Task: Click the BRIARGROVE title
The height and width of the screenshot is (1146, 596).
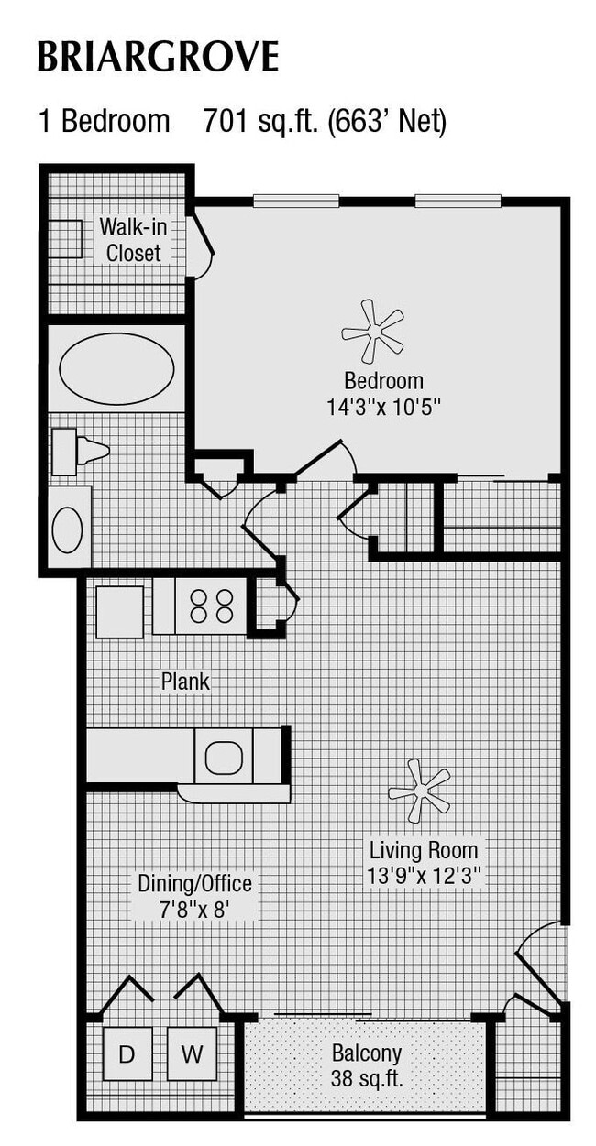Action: (x=157, y=57)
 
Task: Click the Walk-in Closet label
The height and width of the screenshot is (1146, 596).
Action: (x=133, y=239)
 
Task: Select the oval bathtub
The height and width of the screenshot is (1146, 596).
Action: (x=116, y=368)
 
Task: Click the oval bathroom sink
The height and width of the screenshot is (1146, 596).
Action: (x=67, y=529)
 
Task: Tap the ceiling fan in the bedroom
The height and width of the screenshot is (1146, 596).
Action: (x=372, y=331)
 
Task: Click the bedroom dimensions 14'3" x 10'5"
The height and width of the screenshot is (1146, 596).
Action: (x=383, y=406)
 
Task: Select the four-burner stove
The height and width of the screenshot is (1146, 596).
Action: (x=211, y=606)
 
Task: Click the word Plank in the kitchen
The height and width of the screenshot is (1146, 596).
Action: (x=185, y=682)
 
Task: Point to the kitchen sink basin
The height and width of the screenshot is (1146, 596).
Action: (x=222, y=757)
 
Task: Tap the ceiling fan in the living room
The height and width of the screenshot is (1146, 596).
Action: (x=419, y=790)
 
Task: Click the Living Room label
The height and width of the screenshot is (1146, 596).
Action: (x=424, y=849)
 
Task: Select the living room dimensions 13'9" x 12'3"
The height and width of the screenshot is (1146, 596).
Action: (x=424, y=875)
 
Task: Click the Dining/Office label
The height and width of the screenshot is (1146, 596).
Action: (x=194, y=884)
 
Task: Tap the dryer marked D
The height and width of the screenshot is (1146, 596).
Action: (x=127, y=1054)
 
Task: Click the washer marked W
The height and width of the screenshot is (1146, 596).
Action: (x=191, y=1054)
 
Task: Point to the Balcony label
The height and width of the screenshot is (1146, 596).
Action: (x=367, y=1053)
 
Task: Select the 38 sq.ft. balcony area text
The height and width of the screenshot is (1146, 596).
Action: (x=367, y=1079)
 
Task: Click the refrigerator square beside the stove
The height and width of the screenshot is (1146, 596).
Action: (x=119, y=611)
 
